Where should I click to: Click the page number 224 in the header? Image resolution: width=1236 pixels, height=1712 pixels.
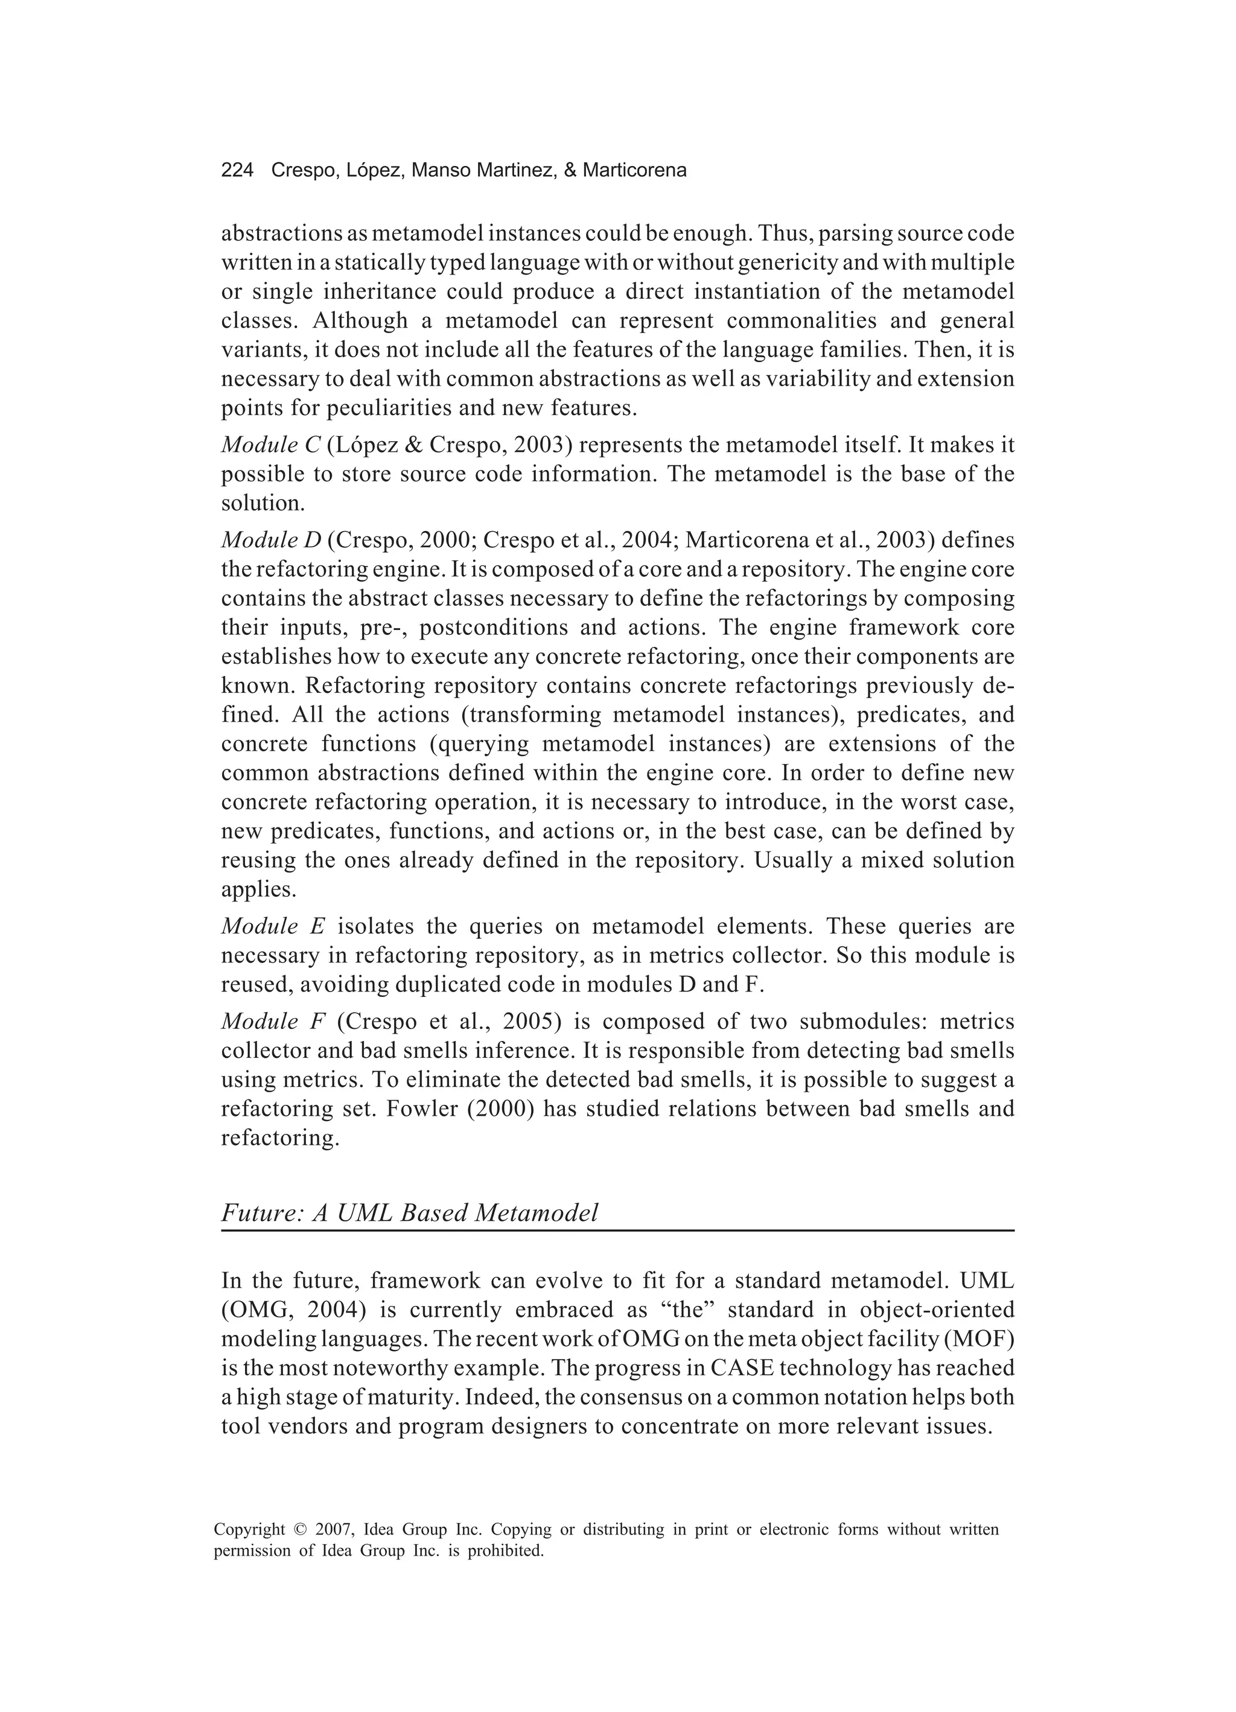tap(237, 171)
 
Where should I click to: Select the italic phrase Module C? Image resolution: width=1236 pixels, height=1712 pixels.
tap(271, 445)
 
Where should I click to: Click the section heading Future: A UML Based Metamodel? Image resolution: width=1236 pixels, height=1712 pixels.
tap(409, 1212)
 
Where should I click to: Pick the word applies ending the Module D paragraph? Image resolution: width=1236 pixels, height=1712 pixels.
tap(258, 889)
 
